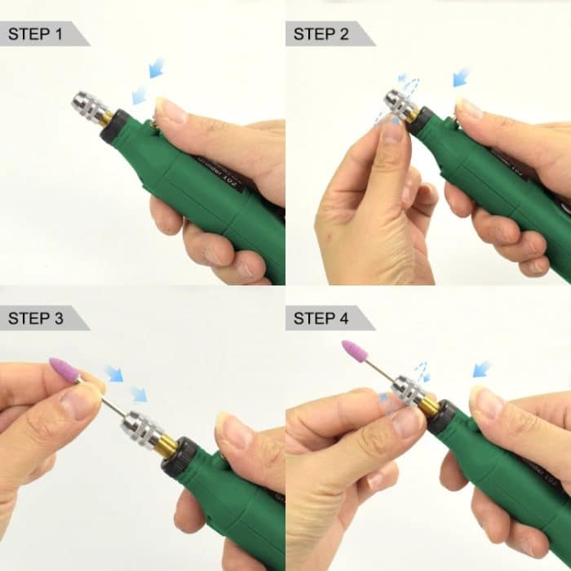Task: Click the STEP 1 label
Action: [35, 34]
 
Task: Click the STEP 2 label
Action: [321, 34]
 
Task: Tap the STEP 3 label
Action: [35, 318]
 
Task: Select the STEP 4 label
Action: [321, 318]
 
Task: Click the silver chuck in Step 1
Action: [91, 106]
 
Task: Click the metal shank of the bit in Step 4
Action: [380, 370]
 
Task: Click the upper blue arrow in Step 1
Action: [156, 68]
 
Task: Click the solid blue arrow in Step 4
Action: [482, 369]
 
